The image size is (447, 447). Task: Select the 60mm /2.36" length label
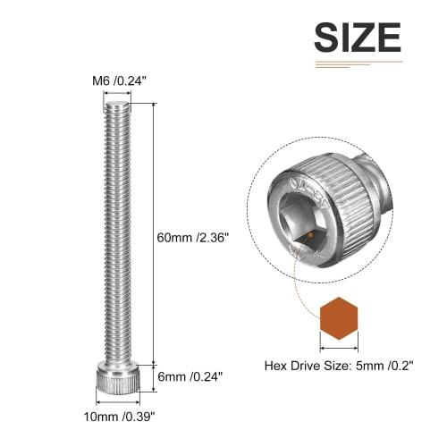(193, 237)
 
